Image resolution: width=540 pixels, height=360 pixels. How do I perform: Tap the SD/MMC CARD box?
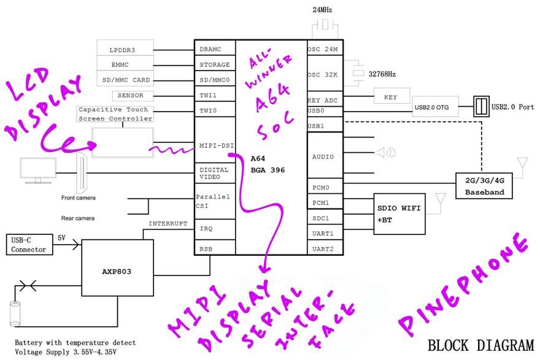(x=125, y=80)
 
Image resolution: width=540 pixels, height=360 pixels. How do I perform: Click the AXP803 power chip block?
(x=118, y=269)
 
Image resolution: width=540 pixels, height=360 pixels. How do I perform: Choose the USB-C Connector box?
(x=29, y=245)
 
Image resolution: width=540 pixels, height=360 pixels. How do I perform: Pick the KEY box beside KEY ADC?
(x=390, y=97)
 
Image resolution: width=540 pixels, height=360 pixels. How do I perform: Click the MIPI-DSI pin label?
(x=215, y=145)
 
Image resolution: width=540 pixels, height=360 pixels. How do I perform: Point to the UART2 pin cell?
(x=323, y=248)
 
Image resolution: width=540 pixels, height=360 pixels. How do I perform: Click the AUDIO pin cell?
(x=323, y=157)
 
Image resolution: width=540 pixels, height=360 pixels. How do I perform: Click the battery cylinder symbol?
(x=15, y=313)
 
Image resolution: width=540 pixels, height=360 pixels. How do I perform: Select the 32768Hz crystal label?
(x=382, y=74)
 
